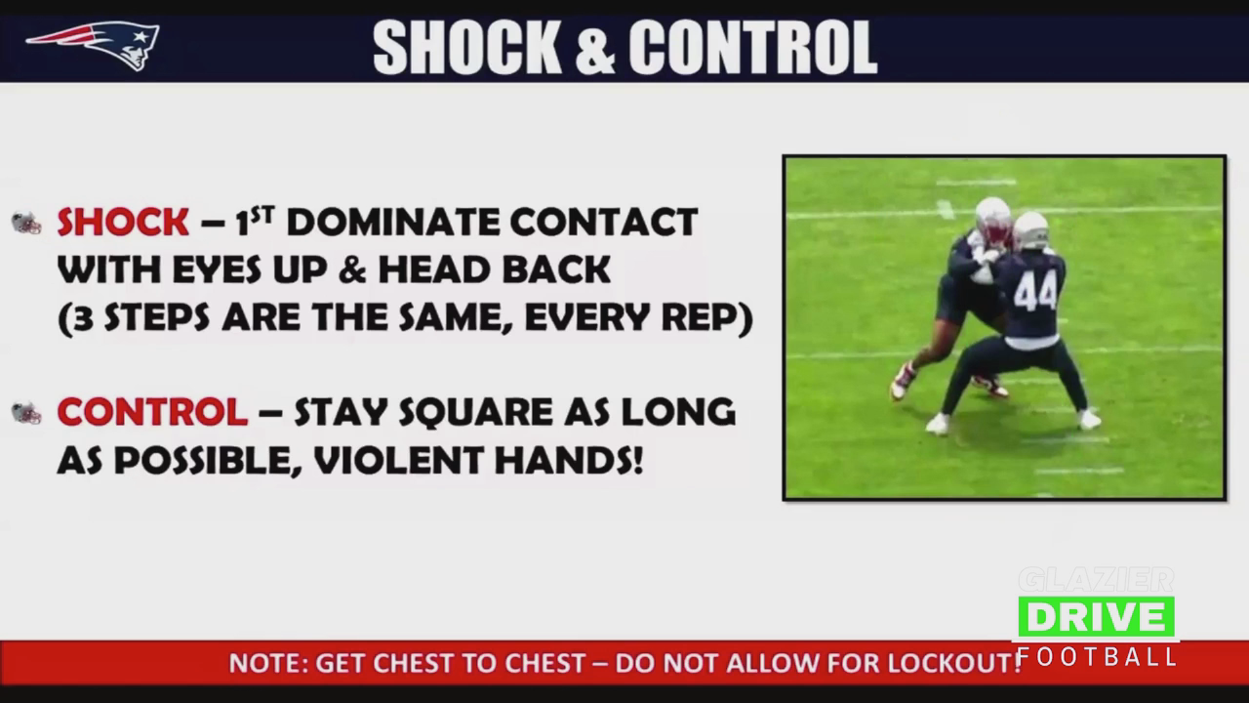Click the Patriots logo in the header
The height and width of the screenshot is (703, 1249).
(x=93, y=46)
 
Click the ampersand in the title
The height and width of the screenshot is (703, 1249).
(x=595, y=48)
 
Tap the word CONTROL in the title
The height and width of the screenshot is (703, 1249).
(x=753, y=48)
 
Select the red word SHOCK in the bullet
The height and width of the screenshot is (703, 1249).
(x=123, y=222)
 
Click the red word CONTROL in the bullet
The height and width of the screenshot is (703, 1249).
(x=153, y=412)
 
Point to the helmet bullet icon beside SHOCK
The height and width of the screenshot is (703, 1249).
(x=26, y=224)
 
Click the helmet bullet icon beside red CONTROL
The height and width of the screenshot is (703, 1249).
(x=26, y=413)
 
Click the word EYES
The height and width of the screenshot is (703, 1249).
(x=217, y=270)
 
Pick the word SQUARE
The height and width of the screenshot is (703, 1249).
(x=475, y=413)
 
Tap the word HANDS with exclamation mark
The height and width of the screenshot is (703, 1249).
(x=569, y=460)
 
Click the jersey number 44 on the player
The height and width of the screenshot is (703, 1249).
(x=1035, y=293)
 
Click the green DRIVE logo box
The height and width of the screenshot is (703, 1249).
(x=1096, y=617)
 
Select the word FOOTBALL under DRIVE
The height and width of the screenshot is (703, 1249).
(x=1097, y=657)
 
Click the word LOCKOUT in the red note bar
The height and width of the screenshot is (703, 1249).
(x=950, y=663)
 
